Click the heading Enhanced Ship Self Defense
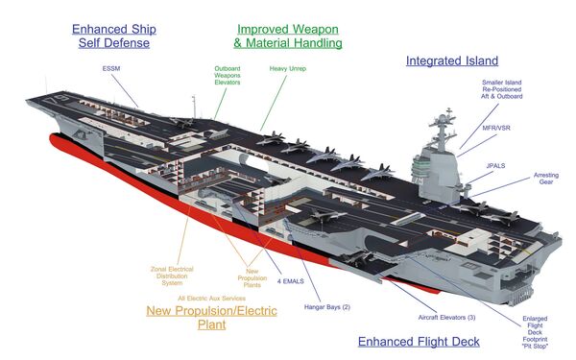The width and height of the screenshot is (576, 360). coord(114,36)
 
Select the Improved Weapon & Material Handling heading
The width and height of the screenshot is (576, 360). coord(288,36)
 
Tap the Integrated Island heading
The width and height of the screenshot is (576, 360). coord(452,60)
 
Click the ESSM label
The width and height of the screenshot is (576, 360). coord(111,68)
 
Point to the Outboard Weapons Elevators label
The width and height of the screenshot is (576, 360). coord(228,75)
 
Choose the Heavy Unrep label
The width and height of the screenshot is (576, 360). coord(288,69)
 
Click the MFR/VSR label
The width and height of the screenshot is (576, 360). coord(496,128)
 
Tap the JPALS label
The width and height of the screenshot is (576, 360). coord(495,166)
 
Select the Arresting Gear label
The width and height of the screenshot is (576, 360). coord(546,179)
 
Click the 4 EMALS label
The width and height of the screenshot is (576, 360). coord(291,281)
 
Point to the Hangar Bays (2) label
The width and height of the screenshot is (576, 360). coord(327,307)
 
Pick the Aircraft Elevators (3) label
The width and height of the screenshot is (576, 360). coord(446,318)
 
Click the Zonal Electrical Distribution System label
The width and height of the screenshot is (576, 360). coord(172,276)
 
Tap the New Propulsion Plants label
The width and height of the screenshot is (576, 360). coord(252,278)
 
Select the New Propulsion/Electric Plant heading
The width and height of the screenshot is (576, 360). coord(211,318)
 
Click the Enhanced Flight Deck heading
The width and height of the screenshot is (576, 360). coord(419,342)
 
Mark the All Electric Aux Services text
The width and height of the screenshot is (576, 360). coord(211,299)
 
